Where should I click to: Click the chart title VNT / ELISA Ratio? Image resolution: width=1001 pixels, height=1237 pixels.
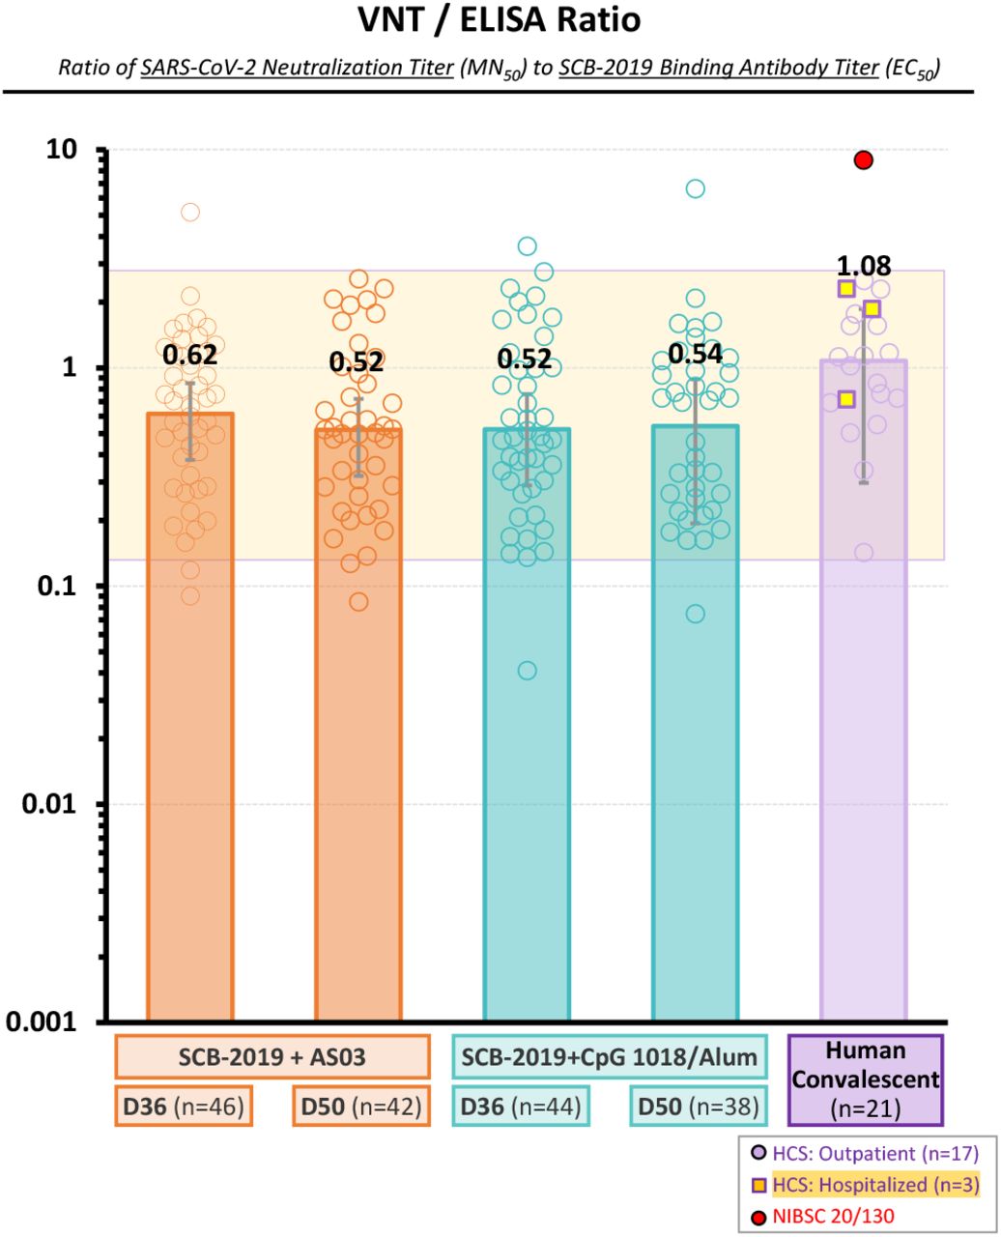499,20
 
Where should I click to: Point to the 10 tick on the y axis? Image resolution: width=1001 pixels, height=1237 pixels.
62,150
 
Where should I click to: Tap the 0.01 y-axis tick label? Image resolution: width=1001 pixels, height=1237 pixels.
48,804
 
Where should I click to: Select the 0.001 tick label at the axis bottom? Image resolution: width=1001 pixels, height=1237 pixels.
42,1021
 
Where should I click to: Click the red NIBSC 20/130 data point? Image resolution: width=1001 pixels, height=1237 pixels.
863,160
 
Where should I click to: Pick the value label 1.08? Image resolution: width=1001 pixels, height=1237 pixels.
864,266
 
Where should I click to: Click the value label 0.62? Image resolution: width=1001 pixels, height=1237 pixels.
189,355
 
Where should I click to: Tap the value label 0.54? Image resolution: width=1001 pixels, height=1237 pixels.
695,354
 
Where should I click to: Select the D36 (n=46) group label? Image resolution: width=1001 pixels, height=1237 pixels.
184,1107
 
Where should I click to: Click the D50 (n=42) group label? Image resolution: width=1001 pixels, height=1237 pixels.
361,1107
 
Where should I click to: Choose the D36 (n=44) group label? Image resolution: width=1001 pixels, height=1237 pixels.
521,1107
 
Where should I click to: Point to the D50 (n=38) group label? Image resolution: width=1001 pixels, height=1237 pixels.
699,1107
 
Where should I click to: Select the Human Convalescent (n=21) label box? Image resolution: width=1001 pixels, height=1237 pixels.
865,1079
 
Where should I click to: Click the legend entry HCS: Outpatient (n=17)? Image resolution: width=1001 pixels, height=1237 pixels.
865,1153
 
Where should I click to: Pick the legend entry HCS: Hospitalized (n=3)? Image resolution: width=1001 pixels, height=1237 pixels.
865,1185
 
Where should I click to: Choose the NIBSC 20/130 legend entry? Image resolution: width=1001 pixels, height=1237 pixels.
823,1216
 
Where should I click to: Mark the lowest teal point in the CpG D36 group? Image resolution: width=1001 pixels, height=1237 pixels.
527,671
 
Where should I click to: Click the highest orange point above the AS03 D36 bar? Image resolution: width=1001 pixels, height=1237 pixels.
190,212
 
